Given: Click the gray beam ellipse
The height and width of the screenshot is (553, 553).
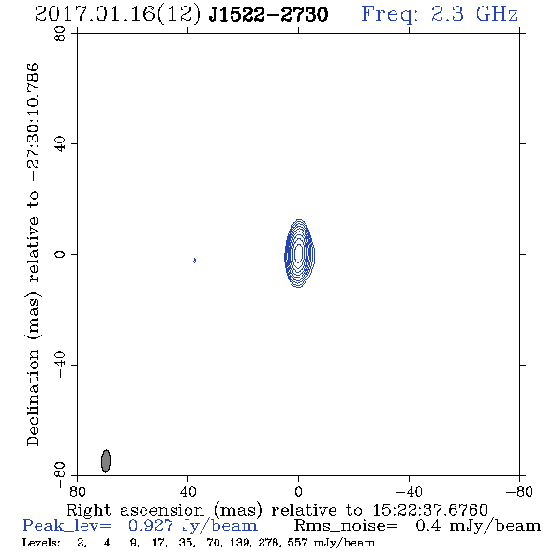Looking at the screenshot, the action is (106, 460).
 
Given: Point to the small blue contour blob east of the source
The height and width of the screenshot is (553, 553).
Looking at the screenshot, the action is (194, 261).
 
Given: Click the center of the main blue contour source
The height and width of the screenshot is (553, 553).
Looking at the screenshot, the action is (299, 253).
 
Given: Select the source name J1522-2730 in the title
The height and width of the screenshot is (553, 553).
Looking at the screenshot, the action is (268, 14).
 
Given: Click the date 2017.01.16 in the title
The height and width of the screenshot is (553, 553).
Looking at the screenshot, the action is (95, 14).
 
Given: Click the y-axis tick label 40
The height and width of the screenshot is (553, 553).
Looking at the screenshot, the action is (60, 144).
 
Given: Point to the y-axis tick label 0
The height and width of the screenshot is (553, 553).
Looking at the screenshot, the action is (60, 254).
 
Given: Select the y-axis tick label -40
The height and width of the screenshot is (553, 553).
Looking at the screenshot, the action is (60, 365).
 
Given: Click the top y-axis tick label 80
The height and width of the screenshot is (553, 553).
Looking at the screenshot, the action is (60, 34).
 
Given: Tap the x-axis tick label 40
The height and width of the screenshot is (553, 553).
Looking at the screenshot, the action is (188, 492).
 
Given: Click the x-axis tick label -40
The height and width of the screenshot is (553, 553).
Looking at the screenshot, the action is (409, 492).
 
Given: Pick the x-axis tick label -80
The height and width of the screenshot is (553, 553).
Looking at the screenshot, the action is (519, 492).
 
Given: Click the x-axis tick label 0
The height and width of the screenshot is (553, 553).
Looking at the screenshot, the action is (299, 492).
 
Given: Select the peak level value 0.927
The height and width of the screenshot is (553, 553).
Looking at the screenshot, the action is (151, 526).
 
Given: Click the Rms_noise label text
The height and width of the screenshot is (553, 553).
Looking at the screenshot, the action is (346, 526).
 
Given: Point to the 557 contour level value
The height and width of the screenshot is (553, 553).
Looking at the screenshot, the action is (298, 542).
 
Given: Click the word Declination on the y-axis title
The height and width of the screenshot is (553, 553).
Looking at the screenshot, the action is (33, 397).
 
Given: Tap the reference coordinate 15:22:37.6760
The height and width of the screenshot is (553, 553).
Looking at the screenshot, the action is (430, 510).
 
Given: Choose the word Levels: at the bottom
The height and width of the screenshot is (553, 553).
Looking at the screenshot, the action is (41, 542).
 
